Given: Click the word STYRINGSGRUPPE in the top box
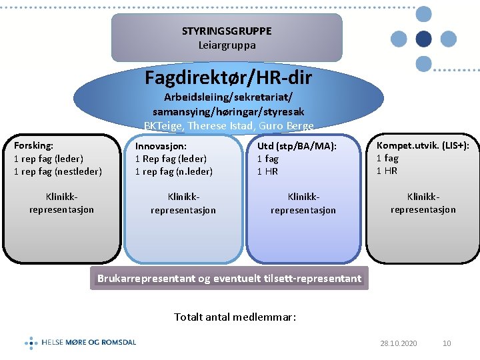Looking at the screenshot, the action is click(x=227, y=31).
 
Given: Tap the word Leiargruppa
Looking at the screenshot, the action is click(x=227, y=45).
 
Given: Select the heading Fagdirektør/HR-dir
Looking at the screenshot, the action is click(x=228, y=77).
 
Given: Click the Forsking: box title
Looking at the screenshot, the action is click(x=34, y=145).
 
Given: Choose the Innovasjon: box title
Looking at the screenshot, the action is click(x=161, y=146).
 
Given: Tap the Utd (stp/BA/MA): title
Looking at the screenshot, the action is click(x=297, y=146).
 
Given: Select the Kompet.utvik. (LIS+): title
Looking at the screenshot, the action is click(x=423, y=145).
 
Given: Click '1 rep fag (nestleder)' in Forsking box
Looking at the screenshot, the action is click(x=58, y=171).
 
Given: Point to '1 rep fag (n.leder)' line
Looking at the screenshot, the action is click(x=174, y=171).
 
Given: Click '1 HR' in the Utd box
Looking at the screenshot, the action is click(x=267, y=171).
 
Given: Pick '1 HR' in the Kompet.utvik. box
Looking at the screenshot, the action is click(x=387, y=171).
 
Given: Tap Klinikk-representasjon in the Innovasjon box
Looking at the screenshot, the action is click(x=183, y=203).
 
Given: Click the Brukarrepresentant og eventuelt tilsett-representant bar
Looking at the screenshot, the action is click(x=229, y=278).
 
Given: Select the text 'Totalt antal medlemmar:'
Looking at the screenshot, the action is click(x=235, y=317).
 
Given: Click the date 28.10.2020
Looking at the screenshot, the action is click(x=399, y=343).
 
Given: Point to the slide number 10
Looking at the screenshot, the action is click(x=447, y=343).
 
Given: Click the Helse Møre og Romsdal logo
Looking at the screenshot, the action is click(x=81, y=343).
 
